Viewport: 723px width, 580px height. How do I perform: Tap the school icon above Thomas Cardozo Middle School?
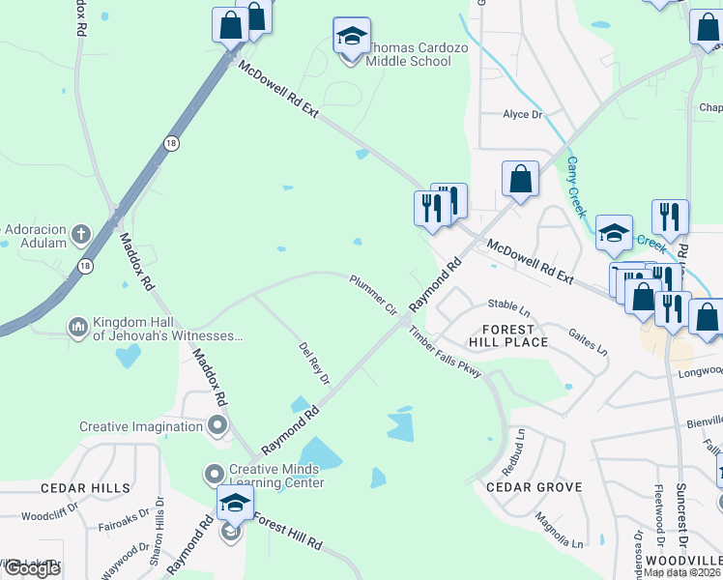[351, 37]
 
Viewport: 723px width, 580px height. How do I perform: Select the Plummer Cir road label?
[374, 294]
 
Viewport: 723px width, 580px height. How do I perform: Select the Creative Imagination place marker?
[217, 425]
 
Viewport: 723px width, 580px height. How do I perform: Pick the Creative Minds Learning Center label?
[275, 476]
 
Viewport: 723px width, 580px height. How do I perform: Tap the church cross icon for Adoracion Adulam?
[80, 235]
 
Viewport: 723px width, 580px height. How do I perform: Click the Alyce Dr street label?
[523, 114]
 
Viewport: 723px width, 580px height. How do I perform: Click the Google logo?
[32, 568]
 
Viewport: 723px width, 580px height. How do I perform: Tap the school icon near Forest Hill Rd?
[236, 503]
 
